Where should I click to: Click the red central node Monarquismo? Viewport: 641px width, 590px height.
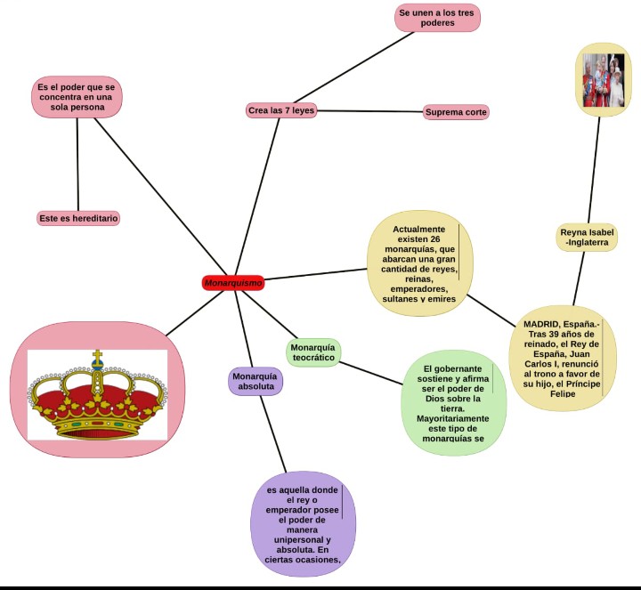[233, 283]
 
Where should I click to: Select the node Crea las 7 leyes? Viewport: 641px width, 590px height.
[281, 110]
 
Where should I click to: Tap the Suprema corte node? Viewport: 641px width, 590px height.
[456, 112]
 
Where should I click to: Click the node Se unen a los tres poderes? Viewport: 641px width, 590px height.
[437, 18]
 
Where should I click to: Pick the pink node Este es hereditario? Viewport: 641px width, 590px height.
[78, 218]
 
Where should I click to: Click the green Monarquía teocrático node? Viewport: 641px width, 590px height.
[313, 352]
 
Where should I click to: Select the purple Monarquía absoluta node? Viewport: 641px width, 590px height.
[255, 382]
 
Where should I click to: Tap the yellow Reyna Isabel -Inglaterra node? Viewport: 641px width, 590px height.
[587, 237]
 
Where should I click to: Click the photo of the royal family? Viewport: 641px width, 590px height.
[603, 81]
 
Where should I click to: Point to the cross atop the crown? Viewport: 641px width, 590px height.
[97, 358]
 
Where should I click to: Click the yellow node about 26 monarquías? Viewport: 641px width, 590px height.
[418, 264]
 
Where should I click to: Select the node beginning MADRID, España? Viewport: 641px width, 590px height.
[562, 358]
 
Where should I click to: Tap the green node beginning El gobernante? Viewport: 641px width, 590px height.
[453, 403]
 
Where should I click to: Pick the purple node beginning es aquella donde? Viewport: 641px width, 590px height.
[304, 525]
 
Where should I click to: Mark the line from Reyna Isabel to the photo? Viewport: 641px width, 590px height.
[594, 169]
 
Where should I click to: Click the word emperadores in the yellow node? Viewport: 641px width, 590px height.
[418, 289]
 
